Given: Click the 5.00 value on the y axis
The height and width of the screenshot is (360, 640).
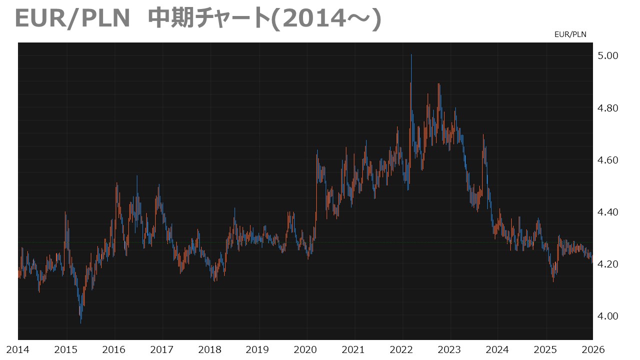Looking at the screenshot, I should click(x=608, y=55).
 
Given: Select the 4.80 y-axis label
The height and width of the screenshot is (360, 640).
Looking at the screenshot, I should click(x=608, y=108).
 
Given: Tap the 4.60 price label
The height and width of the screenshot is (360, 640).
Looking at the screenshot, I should click(x=608, y=160).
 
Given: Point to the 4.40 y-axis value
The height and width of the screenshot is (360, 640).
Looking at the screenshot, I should click(x=608, y=212).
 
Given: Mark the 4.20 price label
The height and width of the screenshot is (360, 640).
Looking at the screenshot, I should click(x=608, y=264).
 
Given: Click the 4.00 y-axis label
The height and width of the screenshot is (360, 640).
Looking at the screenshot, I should click(x=608, y=316).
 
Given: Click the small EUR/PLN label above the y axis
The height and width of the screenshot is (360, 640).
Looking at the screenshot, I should click(x=570, y=34).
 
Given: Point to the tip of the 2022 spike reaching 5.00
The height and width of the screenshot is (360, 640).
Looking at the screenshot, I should click(x=411, y=54).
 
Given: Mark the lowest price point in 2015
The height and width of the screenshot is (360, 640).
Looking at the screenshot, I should click(x=81, y=323).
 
